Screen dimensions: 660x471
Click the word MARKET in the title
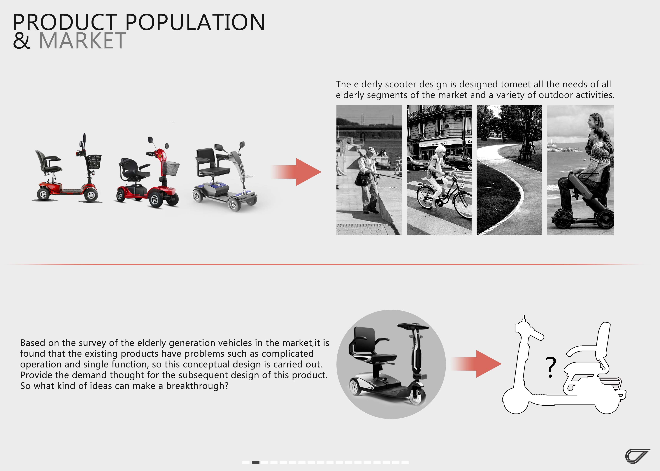(x=82, y=41)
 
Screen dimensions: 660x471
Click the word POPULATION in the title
(x=195, y=22)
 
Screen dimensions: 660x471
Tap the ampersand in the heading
(x=22, y=41)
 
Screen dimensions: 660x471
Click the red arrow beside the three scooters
(x=296, y=172)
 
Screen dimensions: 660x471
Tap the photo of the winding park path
(x=509, y=170)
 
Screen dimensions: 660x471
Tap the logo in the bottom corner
(x=637, y=456)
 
